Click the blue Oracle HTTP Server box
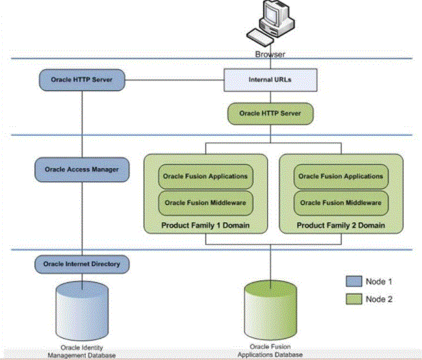[x=82, y=80]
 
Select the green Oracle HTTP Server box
[x=270, y=113]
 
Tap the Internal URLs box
[x=270, y=80]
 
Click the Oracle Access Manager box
[x=82, y=169]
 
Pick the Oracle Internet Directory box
[x=82, y=264]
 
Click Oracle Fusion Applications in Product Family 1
[x=206, y=176]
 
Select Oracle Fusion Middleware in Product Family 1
[x=206, y=203]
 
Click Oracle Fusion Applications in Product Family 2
[x=341, y=176]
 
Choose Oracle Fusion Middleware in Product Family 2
[x=341, y=203]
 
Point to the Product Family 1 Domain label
[x=206, y=225]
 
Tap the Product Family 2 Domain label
[x=341, y=225]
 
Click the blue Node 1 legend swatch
[x=354, y=281]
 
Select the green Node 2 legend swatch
[x=354, y=299]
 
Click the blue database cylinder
[x=82, y=311]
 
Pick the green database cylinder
[x=270, y=310]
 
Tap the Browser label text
[x=270, y=55]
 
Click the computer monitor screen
[x=270, y=14]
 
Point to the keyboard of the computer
[x=260, y=38]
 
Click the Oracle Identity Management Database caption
[x=82, y=352]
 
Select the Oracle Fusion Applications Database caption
[x=270, y=351]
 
